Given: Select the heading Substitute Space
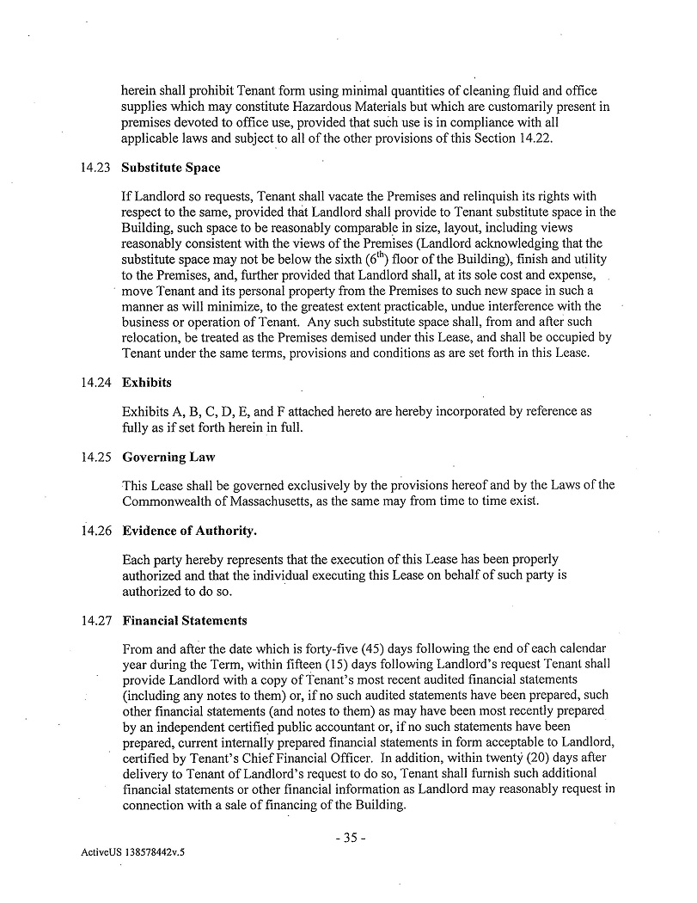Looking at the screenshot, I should coord(171,168).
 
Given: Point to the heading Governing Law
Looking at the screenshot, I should coord(168,457).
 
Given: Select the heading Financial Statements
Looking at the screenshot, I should coord(185,620).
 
